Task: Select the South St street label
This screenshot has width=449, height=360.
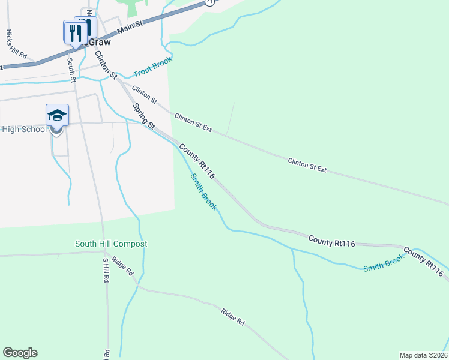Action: tap(71, 68)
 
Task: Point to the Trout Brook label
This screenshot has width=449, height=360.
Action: tap(152, 66)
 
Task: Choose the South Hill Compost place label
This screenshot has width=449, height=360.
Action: tap(111, 244)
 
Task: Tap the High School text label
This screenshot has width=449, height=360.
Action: tap(24, 130)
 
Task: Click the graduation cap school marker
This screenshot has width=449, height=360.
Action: tap(57, 115)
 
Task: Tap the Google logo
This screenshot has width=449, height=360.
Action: tap(20, 353)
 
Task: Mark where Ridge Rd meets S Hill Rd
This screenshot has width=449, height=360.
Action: tap(104, 252)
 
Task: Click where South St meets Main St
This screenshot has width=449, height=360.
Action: tap(68, 53)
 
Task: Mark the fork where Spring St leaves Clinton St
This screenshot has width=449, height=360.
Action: tap(120, 81)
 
